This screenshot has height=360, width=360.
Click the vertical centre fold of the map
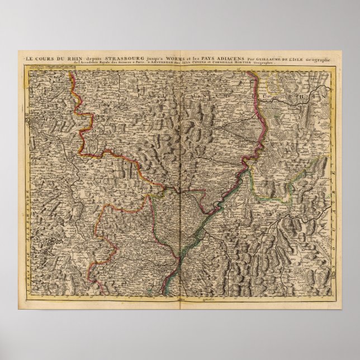pos(180,184)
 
